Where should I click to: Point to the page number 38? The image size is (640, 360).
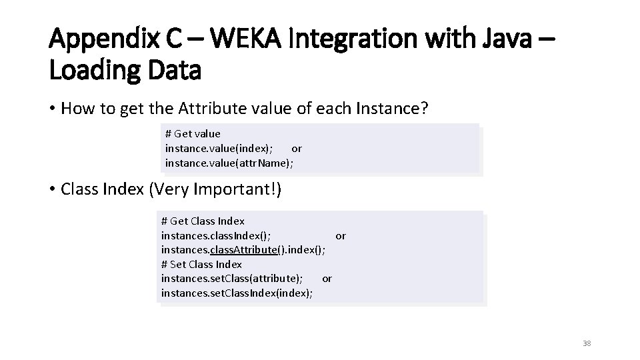tap(587, 343)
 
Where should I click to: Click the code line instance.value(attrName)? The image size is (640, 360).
tap(229, 163)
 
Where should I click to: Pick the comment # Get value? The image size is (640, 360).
tap(193, 133)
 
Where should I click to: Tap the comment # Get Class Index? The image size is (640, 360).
tap(203, 221)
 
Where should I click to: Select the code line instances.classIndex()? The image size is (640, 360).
tap(216, 235)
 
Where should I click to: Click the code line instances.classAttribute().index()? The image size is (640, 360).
tap(243, 249)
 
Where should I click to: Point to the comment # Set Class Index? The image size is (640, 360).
tap(201, 264)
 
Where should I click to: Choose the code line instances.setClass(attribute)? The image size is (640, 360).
tap(232, 278)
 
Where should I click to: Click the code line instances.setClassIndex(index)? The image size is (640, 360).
tap(237, 293)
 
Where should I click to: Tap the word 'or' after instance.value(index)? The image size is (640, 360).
tap(297, 148)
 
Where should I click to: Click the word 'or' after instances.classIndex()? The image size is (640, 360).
tap(341, 235)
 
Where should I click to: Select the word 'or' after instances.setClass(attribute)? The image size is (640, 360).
tap(327, 278)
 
